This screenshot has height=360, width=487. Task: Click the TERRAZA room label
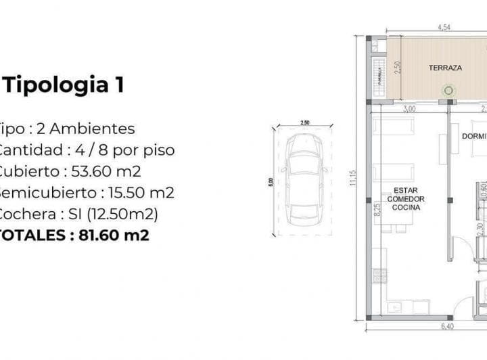pos(445,68)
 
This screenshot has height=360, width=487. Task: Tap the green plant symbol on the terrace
pos(447,89)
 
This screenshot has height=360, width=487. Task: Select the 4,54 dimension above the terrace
pos(444,28)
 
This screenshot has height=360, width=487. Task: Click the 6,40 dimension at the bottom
pos(447,327)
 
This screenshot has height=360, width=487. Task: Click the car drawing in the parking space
pos(304,171)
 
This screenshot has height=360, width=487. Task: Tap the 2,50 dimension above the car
pos(304,122)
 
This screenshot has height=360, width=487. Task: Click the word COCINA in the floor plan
pos(405,208)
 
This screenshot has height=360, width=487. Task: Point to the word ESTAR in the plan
pos(404,191)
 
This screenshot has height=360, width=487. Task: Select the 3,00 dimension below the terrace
pos(409,108)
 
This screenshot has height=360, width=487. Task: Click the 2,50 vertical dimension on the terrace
pos(400,68)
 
